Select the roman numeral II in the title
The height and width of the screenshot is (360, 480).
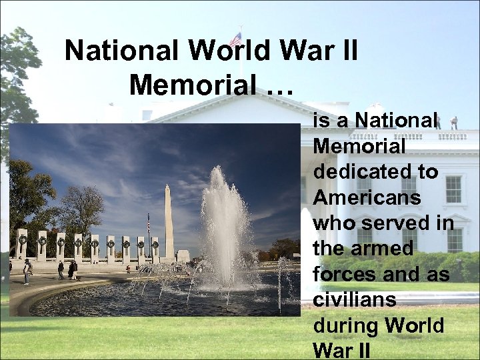pos(346,50)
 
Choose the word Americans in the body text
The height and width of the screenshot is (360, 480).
pos(367,197)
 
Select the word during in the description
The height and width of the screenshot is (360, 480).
pos(345,326)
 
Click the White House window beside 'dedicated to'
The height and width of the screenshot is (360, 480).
pos(453,189)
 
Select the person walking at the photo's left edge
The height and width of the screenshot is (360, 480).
pos(27,270)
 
